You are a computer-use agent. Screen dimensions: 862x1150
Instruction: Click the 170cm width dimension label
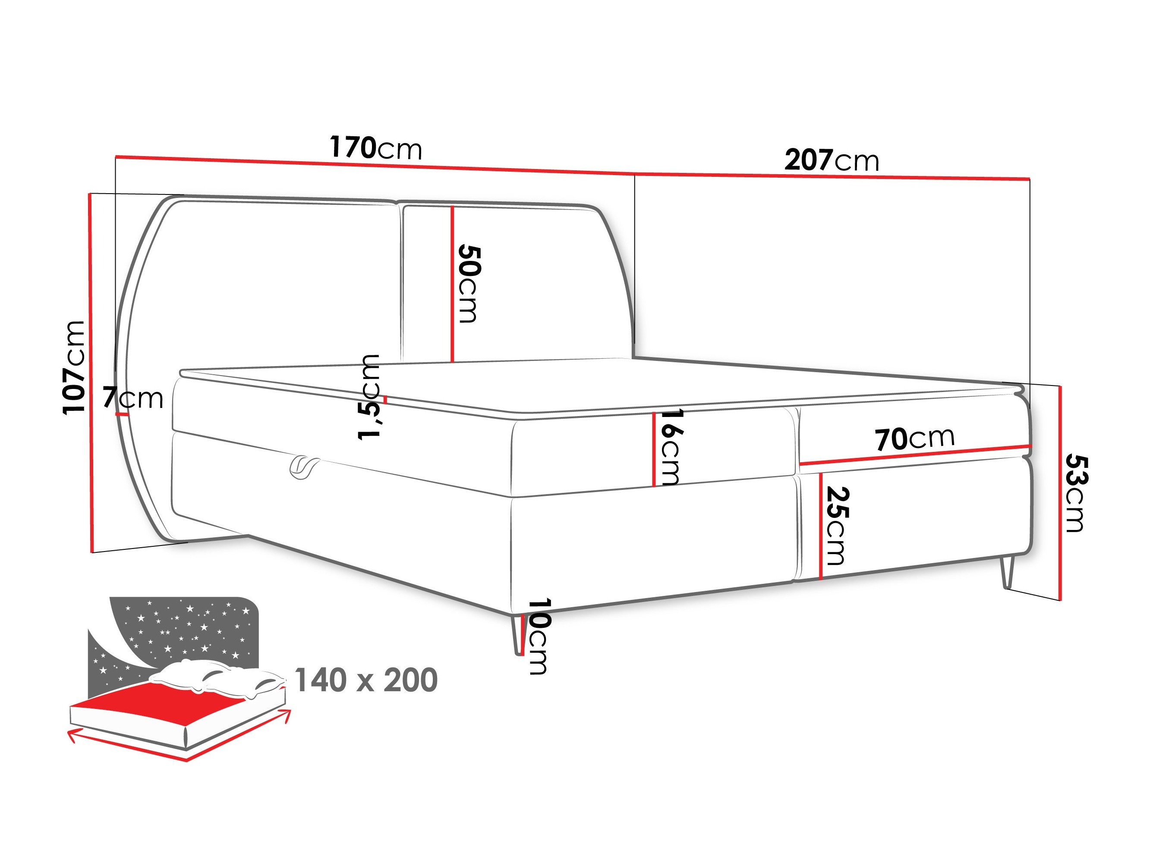376,148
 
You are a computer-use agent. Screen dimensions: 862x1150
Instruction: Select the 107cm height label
74,367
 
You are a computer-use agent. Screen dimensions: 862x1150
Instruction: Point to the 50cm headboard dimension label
469,284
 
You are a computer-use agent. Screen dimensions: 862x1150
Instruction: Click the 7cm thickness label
133,398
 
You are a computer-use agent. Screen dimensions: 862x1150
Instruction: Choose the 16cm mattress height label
671,447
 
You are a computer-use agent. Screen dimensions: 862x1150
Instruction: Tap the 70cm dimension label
914,439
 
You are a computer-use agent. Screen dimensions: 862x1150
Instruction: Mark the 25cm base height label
837,525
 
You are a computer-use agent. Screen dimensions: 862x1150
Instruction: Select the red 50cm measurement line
453,284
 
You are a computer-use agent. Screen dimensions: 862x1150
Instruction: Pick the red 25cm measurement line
820,525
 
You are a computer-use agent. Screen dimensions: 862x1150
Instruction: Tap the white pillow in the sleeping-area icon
218,678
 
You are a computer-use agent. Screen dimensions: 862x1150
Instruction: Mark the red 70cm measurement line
915,455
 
